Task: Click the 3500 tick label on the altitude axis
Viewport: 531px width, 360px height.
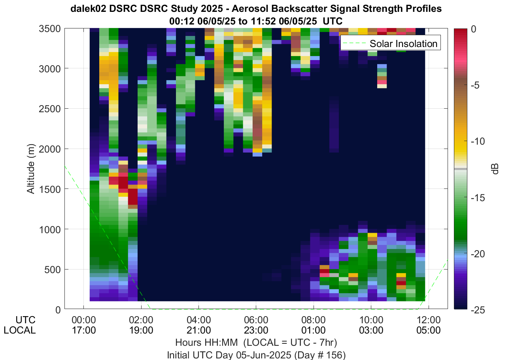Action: click(50, 29)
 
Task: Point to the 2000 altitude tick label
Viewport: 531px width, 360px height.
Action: click(50, 149)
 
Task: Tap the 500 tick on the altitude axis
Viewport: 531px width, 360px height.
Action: click(53, 270)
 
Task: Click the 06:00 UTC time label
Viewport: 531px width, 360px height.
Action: click(256, 320)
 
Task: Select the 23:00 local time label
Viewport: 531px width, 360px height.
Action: click(256, 330)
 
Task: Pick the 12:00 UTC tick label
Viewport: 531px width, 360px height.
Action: click(429, 320)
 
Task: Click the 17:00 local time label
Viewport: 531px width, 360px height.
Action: click(84, 330)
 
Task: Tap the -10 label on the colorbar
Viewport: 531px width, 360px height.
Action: click(478, 141)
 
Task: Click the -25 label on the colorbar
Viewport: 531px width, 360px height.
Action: click(478, 310)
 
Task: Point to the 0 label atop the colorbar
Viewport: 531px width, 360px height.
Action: click(474, 29)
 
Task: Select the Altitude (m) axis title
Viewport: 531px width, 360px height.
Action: click(31, 169)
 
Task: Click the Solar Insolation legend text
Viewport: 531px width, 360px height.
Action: click(403, 44)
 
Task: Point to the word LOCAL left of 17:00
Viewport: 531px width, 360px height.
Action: click(20, 330)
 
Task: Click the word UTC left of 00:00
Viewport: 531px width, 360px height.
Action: click(25, 320)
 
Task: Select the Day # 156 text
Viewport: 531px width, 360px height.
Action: click(320, 355)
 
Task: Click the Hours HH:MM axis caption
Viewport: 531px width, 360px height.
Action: click(206, 343)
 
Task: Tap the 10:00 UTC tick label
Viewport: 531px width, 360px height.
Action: click(371, 320)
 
